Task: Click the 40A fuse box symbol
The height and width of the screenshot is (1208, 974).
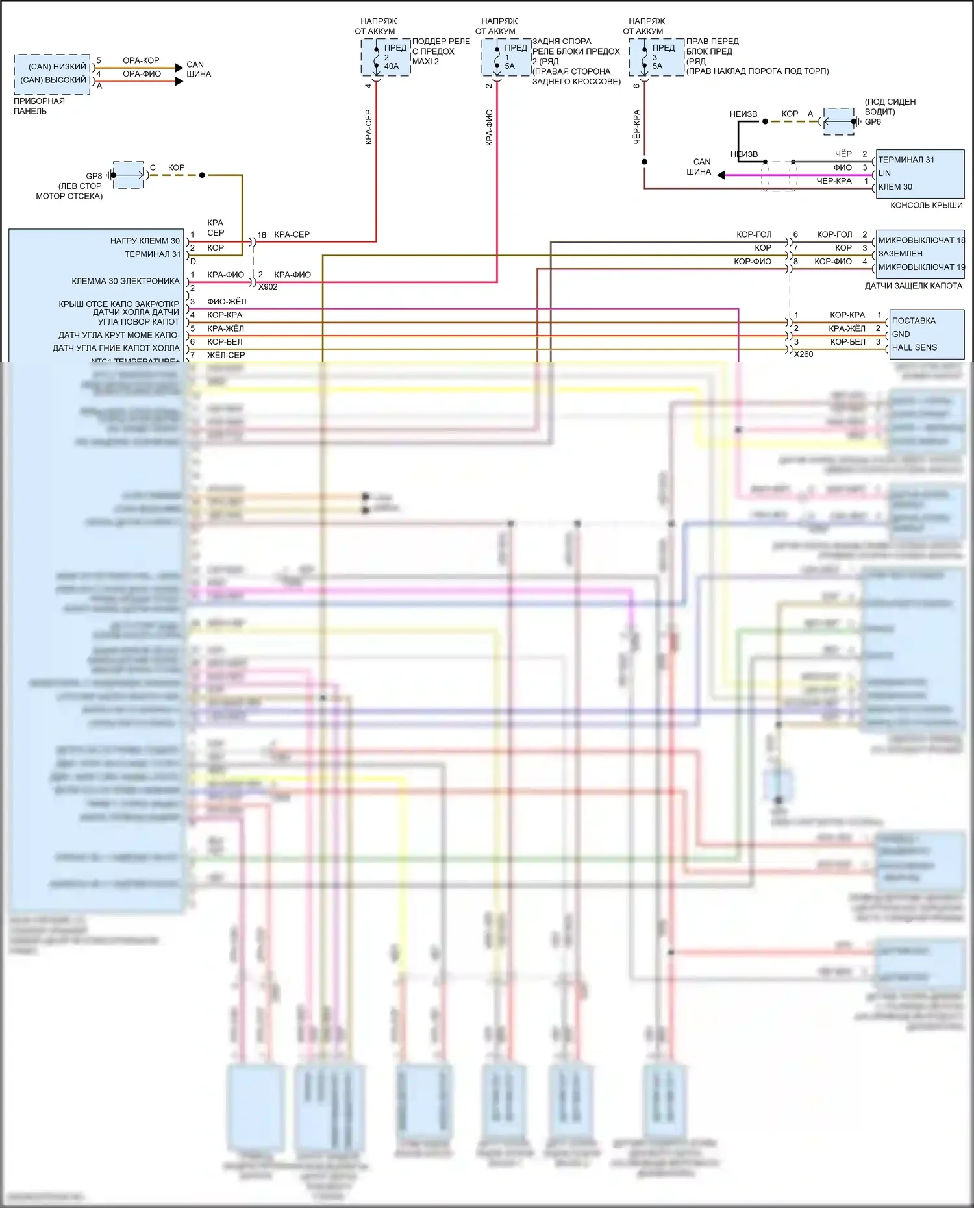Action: coord(386,57)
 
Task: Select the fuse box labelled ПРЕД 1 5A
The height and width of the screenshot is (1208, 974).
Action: coord(506,57)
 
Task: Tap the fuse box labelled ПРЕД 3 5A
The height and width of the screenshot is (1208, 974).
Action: coord(656,57)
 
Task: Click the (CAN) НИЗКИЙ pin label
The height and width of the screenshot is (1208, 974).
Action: coord(57,66)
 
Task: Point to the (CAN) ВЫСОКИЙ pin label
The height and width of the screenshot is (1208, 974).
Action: coord(53,80)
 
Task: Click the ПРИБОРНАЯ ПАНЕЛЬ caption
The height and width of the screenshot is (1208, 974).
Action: coord(39,106)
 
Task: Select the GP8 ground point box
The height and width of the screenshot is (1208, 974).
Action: coord(129,175)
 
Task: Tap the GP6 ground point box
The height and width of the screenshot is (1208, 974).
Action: coord(839,121)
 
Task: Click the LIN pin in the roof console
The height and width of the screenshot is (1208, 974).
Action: coord(884,173)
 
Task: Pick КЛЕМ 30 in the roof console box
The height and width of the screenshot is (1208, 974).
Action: coord(895,187)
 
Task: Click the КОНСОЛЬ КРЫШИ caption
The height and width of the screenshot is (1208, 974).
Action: coord(926,205)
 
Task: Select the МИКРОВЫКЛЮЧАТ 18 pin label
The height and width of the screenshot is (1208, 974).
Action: coord(921,240)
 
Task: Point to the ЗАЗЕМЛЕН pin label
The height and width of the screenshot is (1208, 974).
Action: coord(900,254)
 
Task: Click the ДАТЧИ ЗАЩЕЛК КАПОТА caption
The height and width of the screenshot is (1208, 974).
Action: coord(913,286)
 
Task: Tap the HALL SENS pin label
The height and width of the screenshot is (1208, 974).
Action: coord(914,347)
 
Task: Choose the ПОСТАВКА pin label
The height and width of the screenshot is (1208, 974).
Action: coord(914,321)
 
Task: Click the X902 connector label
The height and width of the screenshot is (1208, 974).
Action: coord(268,287)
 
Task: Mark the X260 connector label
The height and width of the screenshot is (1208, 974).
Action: coord(803,354)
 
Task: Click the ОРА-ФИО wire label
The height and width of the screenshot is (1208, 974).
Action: coord(142,74)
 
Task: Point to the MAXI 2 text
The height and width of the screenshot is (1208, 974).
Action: coord(425,62)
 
